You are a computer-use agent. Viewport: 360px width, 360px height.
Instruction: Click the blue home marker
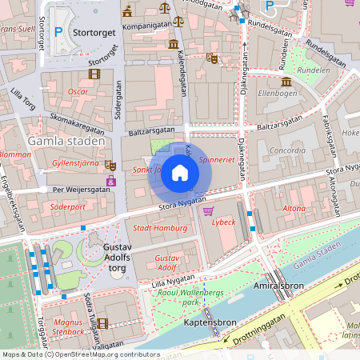[x=180, y=173]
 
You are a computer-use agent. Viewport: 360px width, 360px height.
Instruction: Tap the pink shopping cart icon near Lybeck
[x=209, y=211]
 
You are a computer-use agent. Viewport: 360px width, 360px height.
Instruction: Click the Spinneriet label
[x=217, y=161]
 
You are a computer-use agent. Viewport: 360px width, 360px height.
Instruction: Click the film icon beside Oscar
[x=96, y=74]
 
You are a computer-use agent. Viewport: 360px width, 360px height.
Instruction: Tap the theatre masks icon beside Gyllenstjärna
[x=110, y=164]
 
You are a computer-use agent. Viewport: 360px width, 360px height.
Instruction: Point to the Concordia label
[x=287, y=150]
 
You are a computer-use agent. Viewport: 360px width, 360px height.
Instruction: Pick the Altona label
[x=294, y=208]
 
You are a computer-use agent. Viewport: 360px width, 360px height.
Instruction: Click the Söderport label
[x=67, y=206]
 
